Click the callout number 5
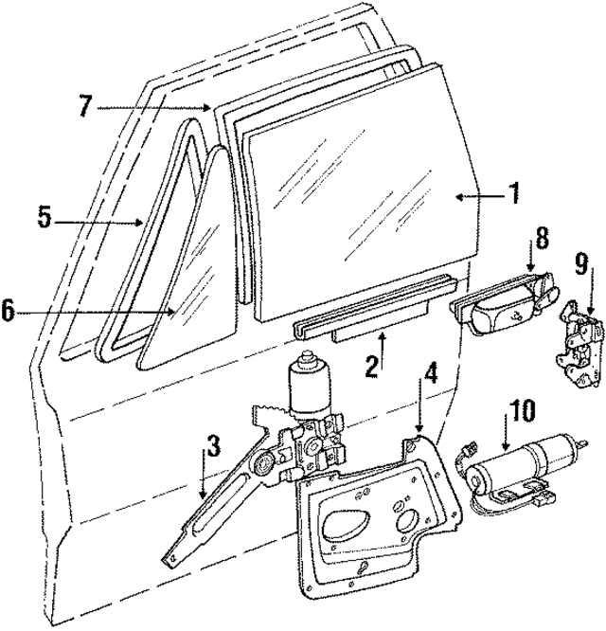click(44, 218)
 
